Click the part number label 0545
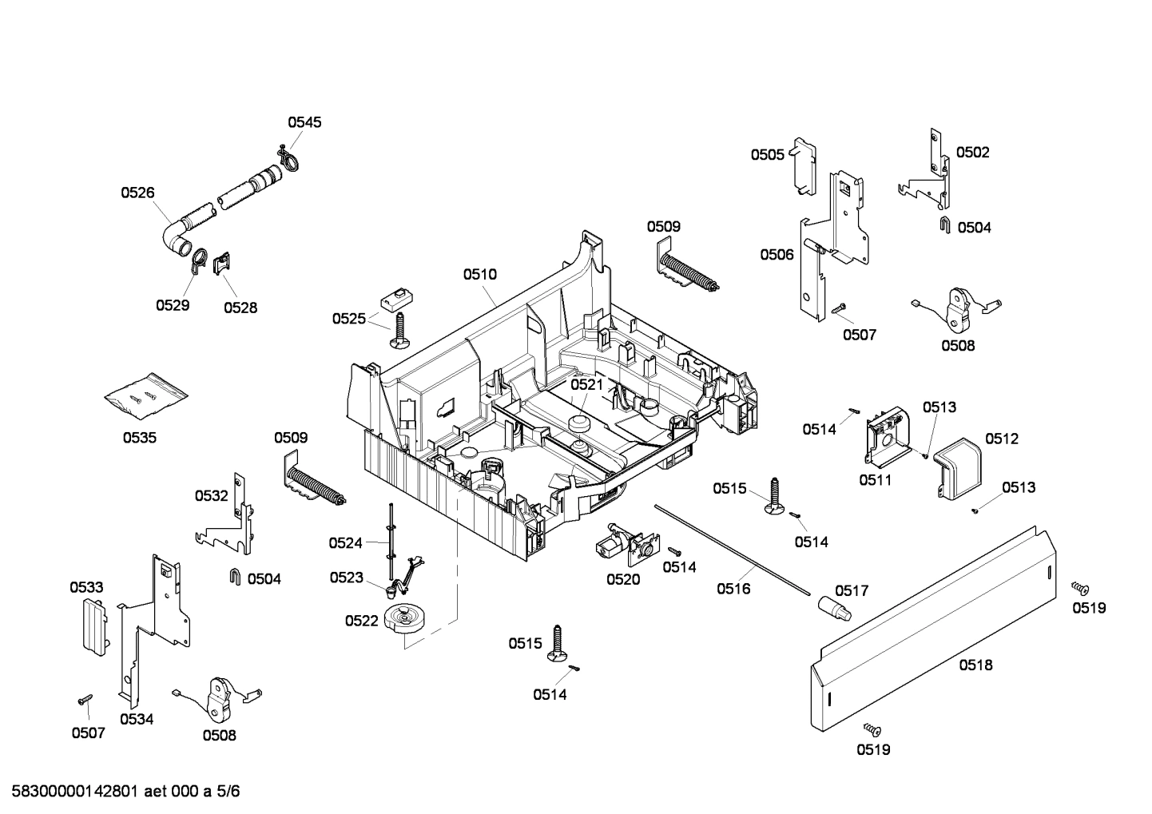pyautogui.click(x=304, y=122)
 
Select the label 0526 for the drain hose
pyautogui.click(x=137, y=193)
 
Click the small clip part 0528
pyautogui.click(x=223, y=262)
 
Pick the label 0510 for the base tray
pyautogui.click(x=479, y=274)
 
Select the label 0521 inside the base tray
pyautogui.click(x=586, y=385)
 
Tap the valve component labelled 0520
pyautogui.click(x=624, y=545)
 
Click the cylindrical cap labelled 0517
pyautogui.click(x=833, y=610)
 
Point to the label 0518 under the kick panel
pyautogui.click(x=975, y=665)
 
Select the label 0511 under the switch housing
pyautogui.click(x=876, y=480)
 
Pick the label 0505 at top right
pyautogui.click(x=767, y=155)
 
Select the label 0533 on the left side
pyautogui.click(x=86, y=587)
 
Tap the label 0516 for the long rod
pyautogui.click(x=733, y=589)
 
